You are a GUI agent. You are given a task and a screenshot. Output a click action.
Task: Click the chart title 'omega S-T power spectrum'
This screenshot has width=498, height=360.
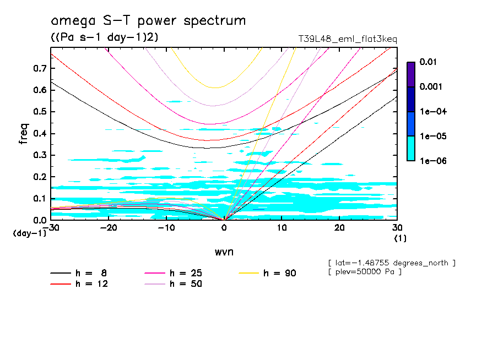click(148, 21)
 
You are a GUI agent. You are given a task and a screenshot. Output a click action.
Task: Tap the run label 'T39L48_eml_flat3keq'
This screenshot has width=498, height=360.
click(347, 39)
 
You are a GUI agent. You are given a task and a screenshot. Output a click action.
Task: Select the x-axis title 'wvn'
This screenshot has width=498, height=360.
click(224, 252)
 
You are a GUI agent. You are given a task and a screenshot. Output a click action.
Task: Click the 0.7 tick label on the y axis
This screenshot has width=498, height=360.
click(40, 68)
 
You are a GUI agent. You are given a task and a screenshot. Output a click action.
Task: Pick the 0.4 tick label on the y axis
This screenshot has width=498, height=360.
click(40, 134)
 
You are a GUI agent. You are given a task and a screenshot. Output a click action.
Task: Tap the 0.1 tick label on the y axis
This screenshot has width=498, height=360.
click(40, 199)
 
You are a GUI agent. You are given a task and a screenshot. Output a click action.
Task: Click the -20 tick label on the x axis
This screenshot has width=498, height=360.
click(109, 228)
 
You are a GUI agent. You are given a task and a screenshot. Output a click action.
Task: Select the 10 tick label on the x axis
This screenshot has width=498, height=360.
click(282, 228)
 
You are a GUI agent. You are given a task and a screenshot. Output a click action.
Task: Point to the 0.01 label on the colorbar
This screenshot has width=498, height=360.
click(427, 62)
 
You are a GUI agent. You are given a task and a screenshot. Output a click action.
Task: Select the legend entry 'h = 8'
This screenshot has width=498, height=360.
click(85, 273)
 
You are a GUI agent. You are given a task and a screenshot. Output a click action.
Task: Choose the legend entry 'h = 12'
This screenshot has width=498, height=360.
click(85, 283)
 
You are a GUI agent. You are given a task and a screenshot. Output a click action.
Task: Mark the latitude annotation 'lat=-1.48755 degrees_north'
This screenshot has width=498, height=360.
click(391, 263)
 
